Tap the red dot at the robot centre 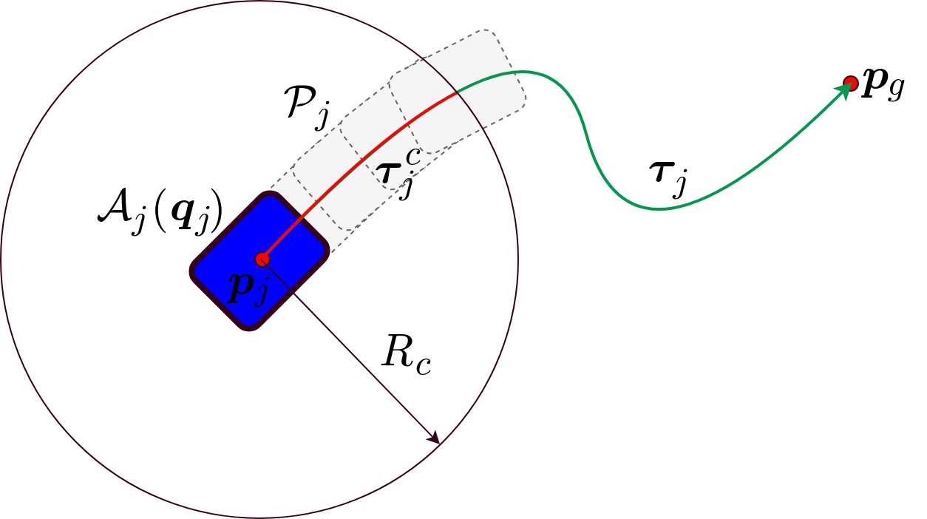261,259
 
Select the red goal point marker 850,83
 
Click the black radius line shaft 347,347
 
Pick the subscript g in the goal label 895,91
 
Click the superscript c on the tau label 412,157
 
